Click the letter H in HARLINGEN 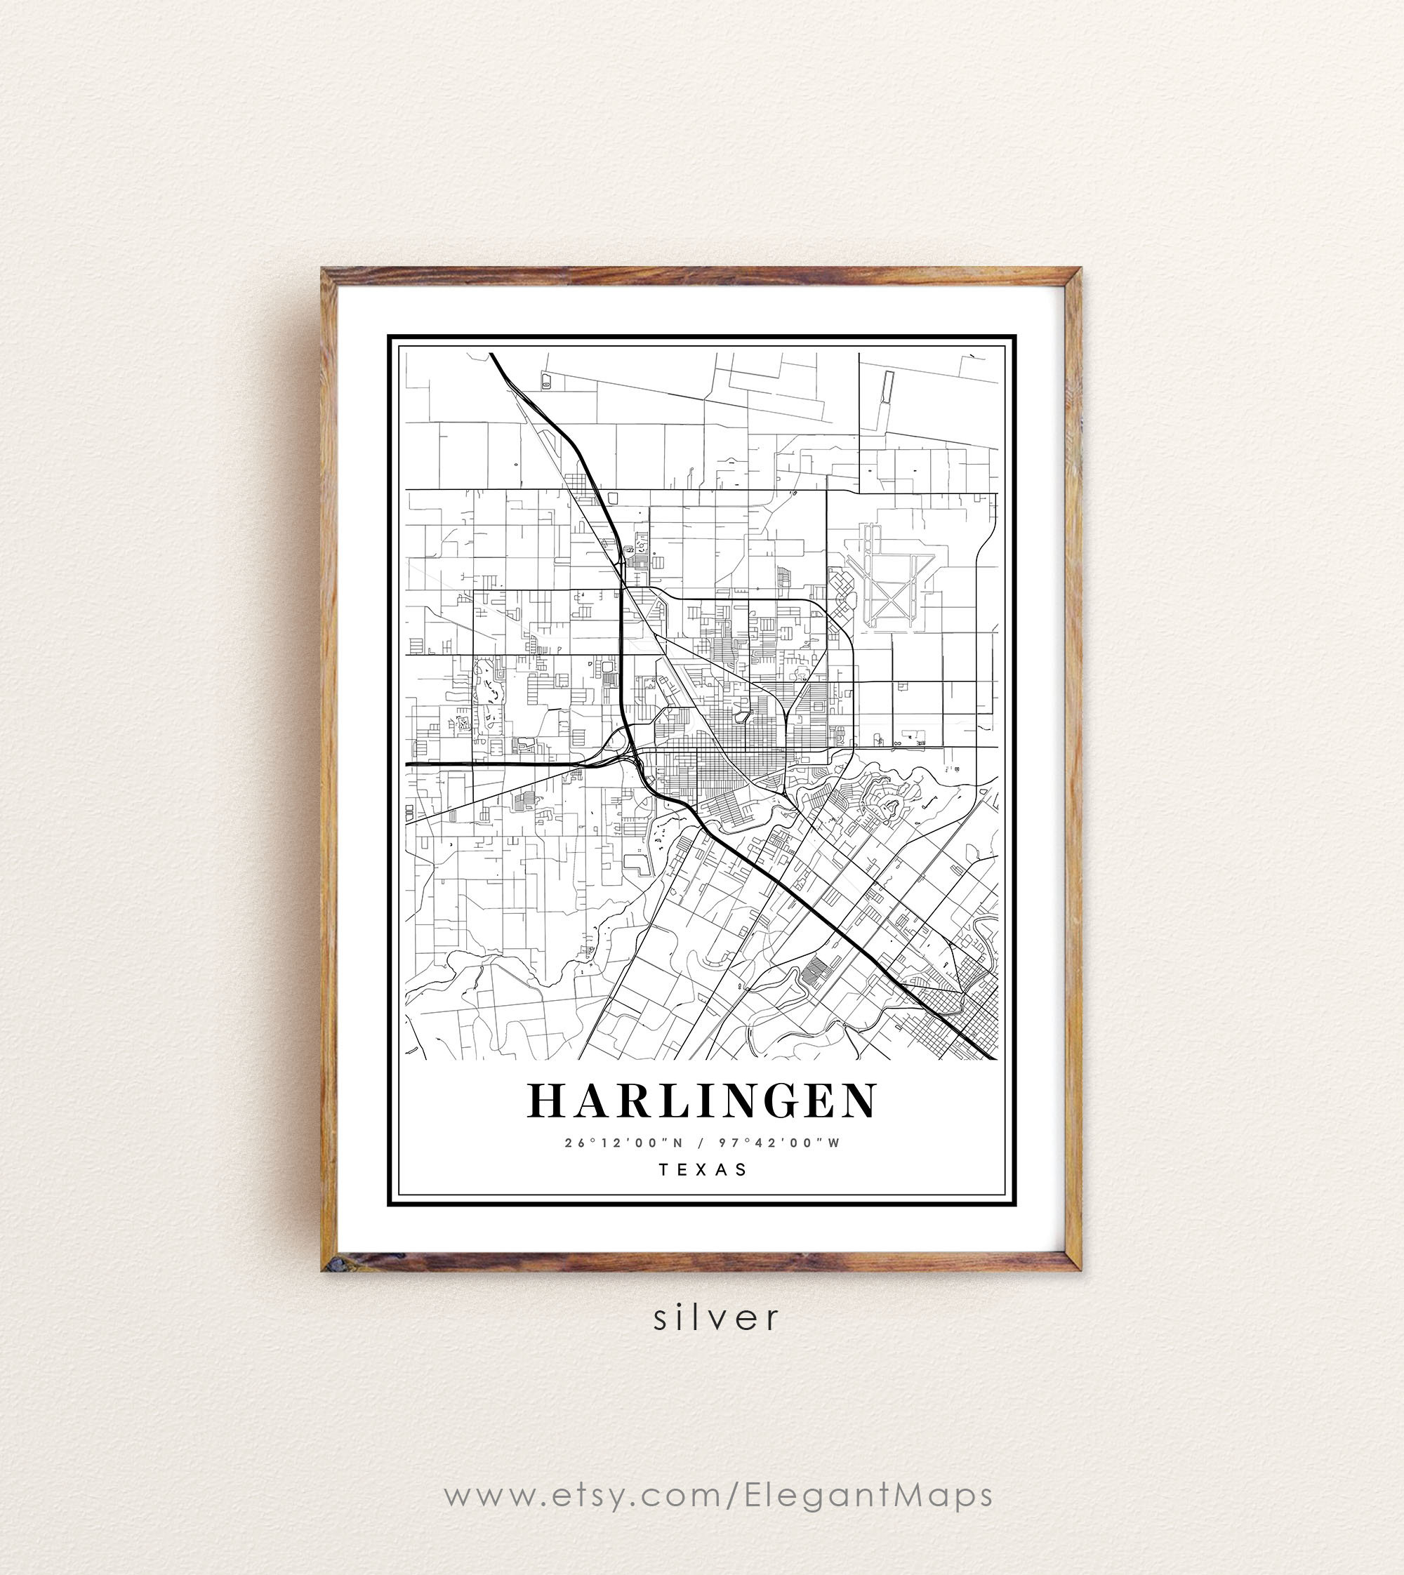coord(544,1101)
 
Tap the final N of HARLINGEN coord(860,1101)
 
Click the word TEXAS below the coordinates coord(703,1169)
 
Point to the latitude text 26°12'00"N coord(624,1143)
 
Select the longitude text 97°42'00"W coord(779,1143)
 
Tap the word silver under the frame coord(717,1317)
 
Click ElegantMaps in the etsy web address coord(868,1495)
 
